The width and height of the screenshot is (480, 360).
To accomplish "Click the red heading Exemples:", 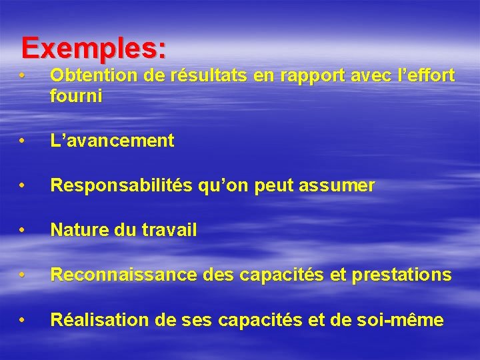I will [93, 48].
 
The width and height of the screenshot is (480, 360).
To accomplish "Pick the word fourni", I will [75, 96].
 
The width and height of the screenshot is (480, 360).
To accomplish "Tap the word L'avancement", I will [112, 141].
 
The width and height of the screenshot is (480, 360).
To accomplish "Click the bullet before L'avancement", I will [23, 141].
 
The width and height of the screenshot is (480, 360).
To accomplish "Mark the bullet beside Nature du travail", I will [23, 231].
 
